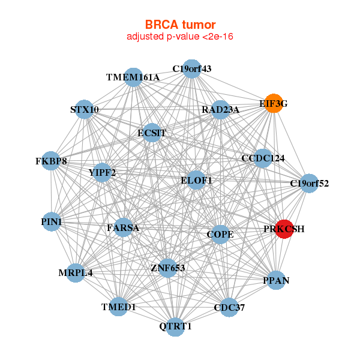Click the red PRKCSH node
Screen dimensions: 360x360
pos(284,229)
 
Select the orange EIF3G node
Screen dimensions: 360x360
pos(274,104)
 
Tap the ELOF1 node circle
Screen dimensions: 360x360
pos(197,180)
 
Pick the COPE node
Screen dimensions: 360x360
pos(220,233)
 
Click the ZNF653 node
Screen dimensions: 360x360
pos(168,268)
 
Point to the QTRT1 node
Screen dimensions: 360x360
pos(175,326)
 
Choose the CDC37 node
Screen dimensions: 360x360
pos(229,308)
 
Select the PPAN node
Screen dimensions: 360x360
pos(275,280)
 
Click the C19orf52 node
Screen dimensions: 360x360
pos(309,183)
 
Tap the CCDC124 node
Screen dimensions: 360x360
pos(263,158)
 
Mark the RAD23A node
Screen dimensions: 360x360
pos(221,110)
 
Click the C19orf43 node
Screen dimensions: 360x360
pos(191,69)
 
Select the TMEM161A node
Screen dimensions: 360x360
pos(133,77)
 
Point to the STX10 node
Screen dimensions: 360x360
pos(85,110)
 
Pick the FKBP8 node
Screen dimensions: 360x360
pos(52,161)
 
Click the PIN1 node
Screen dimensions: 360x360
pos(52,222)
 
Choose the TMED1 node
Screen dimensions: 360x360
pos(119,307)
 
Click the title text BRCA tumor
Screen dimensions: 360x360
pos(180,25)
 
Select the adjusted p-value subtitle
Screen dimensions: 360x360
pos(180,37)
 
